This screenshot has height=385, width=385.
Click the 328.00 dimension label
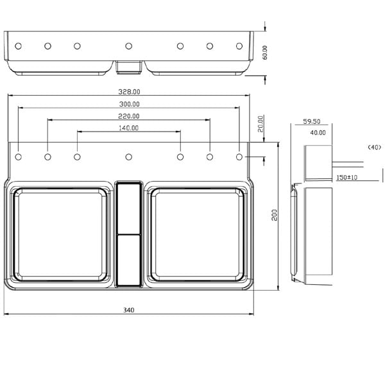128,92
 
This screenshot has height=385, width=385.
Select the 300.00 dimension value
128,104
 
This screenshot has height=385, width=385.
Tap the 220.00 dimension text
128,116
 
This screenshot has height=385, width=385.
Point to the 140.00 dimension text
128,128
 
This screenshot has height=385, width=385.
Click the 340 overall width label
128,310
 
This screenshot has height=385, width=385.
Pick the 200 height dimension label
275,215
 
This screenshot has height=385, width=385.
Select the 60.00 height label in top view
264,51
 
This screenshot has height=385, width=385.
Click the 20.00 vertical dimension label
261,123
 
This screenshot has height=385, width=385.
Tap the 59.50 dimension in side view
312,121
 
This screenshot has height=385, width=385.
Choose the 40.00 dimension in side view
317,133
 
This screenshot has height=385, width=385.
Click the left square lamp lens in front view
60,236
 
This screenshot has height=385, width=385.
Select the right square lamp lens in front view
198,236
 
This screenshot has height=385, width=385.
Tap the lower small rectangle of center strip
129,259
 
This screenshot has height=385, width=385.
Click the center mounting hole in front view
129,157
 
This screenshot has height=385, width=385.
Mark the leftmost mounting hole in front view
19,157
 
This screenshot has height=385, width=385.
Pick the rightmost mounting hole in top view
239,46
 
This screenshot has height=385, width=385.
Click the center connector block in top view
129,65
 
